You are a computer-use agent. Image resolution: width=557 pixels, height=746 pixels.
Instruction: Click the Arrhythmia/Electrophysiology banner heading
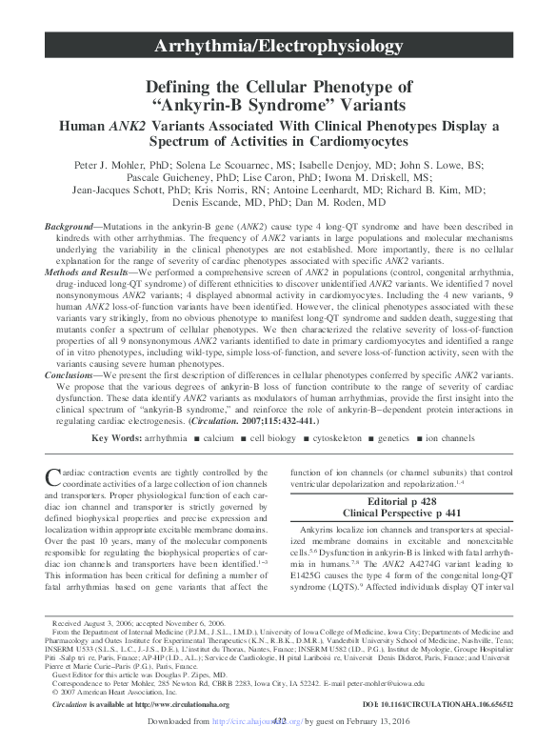[x=278, y=46]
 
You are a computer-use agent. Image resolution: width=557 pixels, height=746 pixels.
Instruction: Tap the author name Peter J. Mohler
[x=112, y=164]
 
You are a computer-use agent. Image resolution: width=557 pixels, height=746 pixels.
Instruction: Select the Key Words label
[x=122, y=437]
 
